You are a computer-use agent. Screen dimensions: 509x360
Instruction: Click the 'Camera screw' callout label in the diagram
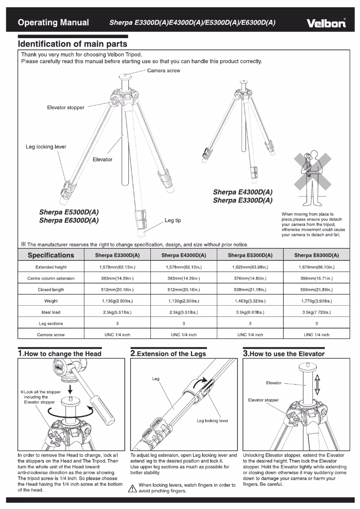tap(164, 71)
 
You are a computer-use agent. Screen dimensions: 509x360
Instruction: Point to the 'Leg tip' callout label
tap(173, 220)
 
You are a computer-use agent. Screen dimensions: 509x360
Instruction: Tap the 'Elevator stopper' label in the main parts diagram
tap(66, 108)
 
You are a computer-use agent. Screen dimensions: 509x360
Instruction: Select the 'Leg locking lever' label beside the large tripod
tap(46, 147)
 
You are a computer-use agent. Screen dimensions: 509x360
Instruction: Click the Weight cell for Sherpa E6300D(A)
tap(316, 301)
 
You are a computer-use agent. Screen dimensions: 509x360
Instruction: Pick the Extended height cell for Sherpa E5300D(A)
tap(250, 267)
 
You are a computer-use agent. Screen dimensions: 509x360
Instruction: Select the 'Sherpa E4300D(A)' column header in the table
tap(183, 255)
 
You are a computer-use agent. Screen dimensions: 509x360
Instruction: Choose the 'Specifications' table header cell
tap(51, 255)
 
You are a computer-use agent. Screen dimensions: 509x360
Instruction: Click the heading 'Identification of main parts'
tap(72, 44)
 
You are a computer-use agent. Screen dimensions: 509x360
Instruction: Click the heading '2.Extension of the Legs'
tap(168, 354)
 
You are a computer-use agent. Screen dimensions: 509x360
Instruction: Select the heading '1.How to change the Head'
tap(60, 354)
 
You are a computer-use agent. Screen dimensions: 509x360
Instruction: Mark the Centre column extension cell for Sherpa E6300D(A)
tap(316, 278)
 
